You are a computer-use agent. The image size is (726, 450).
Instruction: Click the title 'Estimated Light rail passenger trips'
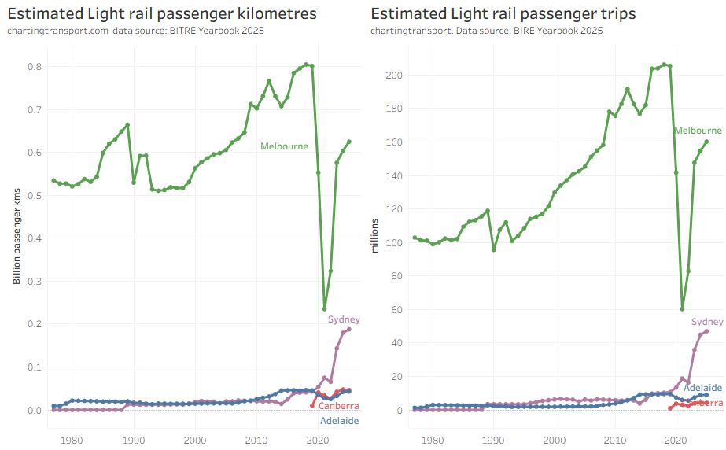point(503,14)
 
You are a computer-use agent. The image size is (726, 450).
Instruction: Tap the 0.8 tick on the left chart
point(35,66)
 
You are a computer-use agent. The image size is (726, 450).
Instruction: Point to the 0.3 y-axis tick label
point(35,281)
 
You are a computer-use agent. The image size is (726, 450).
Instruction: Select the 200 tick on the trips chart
point(395,75)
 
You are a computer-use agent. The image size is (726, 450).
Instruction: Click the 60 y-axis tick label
point(398,309)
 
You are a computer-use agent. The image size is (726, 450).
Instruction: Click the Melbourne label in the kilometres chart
point(284,146)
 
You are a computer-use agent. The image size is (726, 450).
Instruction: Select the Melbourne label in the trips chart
point(698,131)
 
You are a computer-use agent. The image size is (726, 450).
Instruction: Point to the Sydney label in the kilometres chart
point(344,319)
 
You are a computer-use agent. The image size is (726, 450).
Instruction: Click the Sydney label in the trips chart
point(706,322)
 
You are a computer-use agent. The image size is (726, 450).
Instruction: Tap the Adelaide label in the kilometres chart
point(339,422)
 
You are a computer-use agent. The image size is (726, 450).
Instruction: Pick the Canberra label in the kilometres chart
point(339,406)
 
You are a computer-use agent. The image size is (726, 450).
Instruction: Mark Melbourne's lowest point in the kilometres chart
point(324,309)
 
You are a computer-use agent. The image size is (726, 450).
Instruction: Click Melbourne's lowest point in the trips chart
point(682,309)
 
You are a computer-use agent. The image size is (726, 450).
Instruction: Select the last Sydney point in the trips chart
point(706,331)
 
